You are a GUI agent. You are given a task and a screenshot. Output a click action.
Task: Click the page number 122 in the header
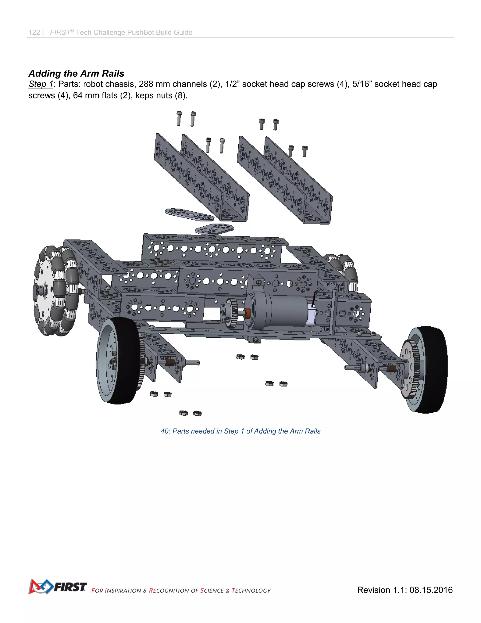point(34,32)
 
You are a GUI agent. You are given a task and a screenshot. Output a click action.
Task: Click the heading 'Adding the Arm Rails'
point(76,73)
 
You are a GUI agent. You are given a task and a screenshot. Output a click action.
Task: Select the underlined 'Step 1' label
point(41,84)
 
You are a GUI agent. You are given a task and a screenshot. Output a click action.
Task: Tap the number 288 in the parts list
point(146,84)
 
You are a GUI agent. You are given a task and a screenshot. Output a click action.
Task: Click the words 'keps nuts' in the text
point(154,95)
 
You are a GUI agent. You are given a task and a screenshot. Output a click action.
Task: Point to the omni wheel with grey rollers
point(56,291)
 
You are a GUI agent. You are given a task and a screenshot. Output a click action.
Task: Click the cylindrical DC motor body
point(285,311)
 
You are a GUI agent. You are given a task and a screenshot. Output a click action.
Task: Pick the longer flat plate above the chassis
point(189,214)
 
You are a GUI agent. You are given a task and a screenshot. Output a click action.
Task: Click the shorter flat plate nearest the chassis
point(214,229)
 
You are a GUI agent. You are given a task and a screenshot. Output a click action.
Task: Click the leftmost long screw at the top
point(179,118)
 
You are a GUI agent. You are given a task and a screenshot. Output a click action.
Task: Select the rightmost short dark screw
point(305,151)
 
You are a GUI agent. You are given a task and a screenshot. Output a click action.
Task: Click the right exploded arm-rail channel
point(285,180)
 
